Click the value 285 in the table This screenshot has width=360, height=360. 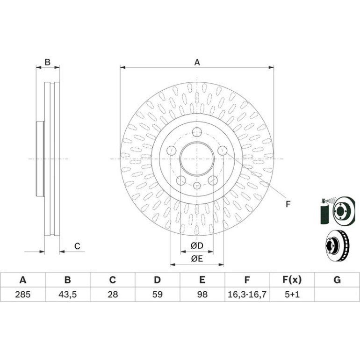[x=23, y=295]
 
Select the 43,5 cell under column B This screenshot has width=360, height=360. [x=67, y=295]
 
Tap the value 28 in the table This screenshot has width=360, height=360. [x=113, y=295]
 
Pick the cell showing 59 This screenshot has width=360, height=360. [x=158, y=295]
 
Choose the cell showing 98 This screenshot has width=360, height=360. [x=202, y=295]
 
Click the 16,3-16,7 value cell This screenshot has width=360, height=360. [x=247, y=295]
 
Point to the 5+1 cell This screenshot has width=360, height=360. [x=292, y=295]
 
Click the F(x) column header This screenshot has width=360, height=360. [x=292, y=280]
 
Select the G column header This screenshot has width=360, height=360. [x=337, y=280]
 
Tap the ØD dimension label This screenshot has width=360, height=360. [x=197, y=245]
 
